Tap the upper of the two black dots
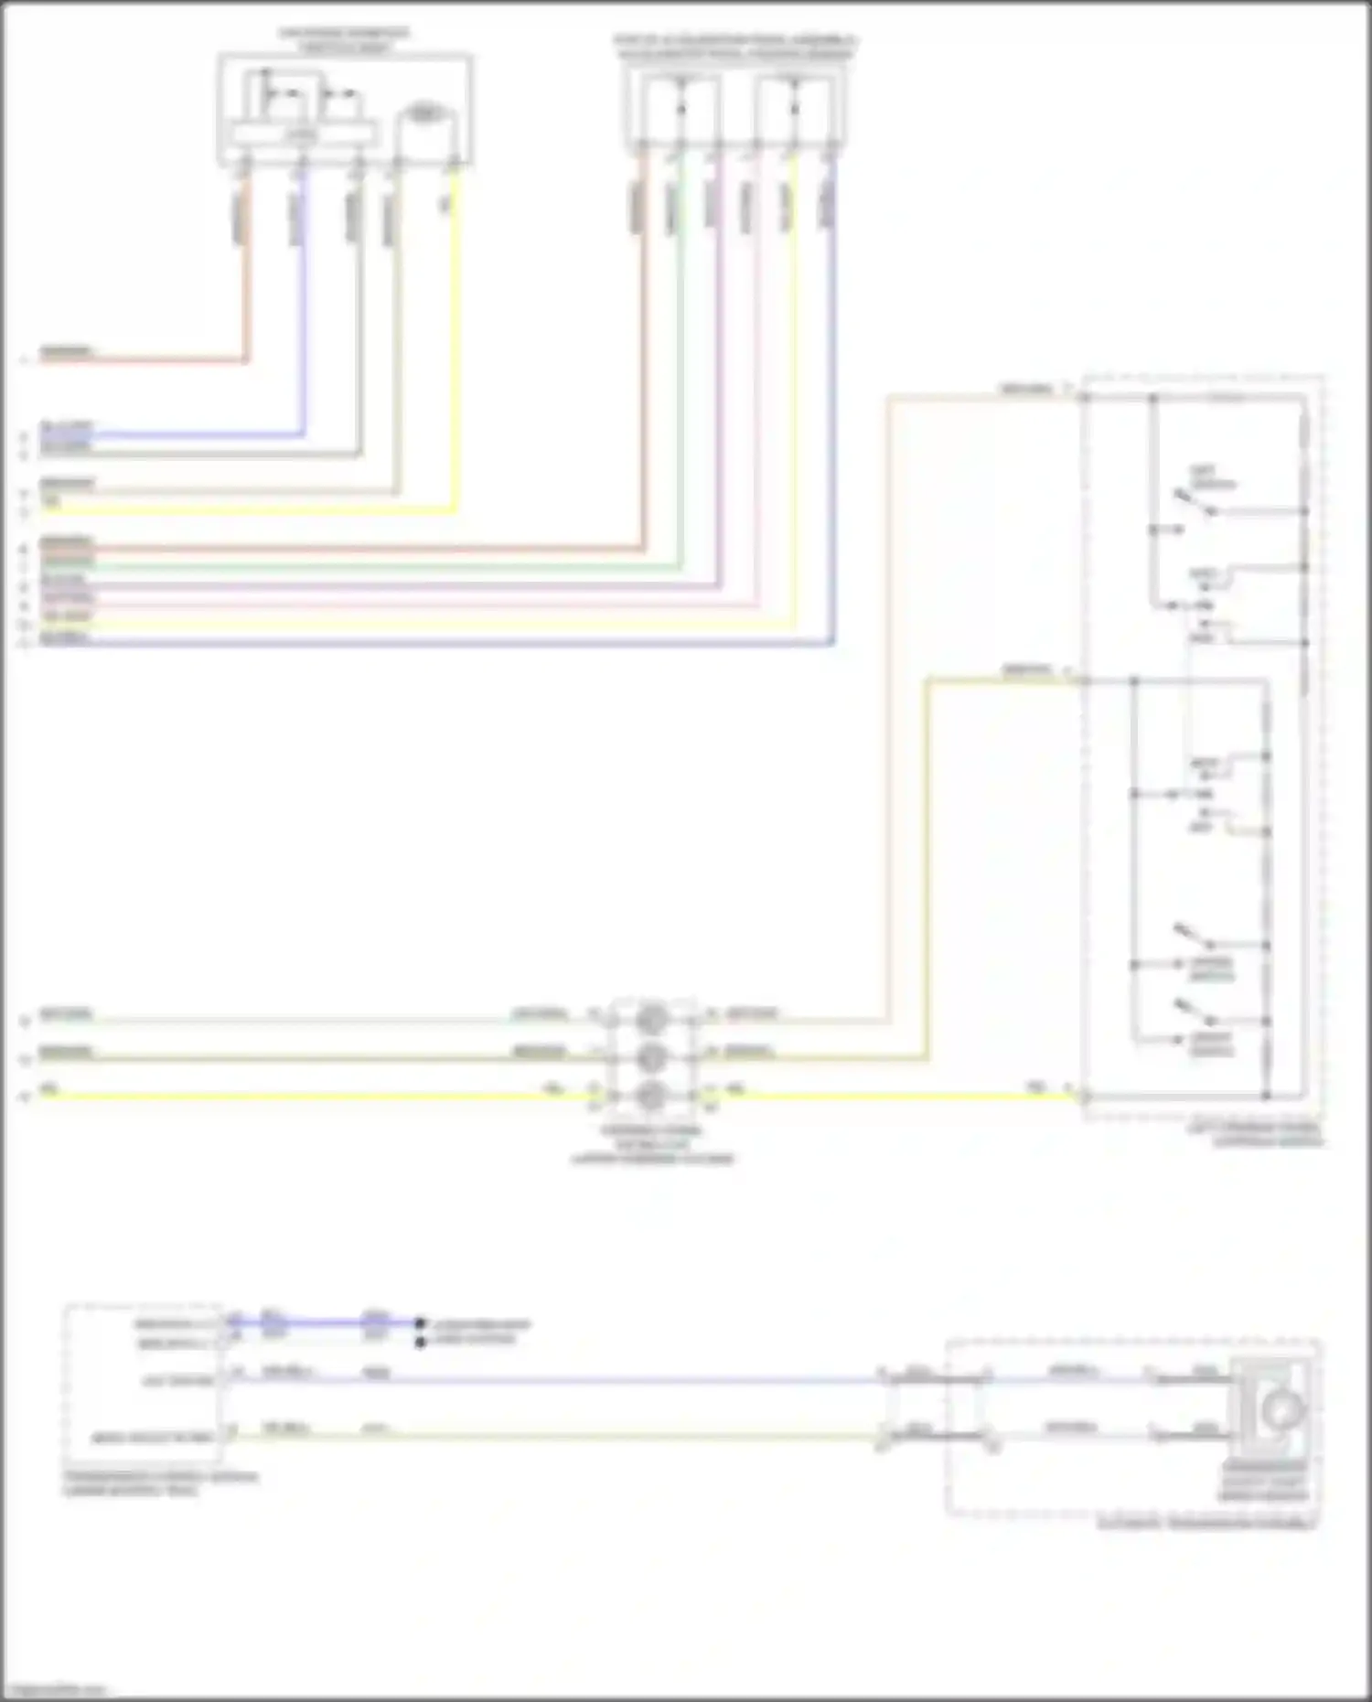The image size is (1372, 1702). (x=420, y=1322)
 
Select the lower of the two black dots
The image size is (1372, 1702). (x=420, y=1342)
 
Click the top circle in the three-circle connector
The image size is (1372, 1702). (x=650, y=1016)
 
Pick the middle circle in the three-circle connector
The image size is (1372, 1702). (x=650, y=1055)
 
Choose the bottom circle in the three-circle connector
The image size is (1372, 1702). (x=650, y=1094)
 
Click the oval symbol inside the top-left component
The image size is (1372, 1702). (x=422, y=114)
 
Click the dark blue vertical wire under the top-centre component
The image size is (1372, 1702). (x=833, y=412)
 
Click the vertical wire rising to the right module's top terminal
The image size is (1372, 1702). (x=888, y=713)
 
